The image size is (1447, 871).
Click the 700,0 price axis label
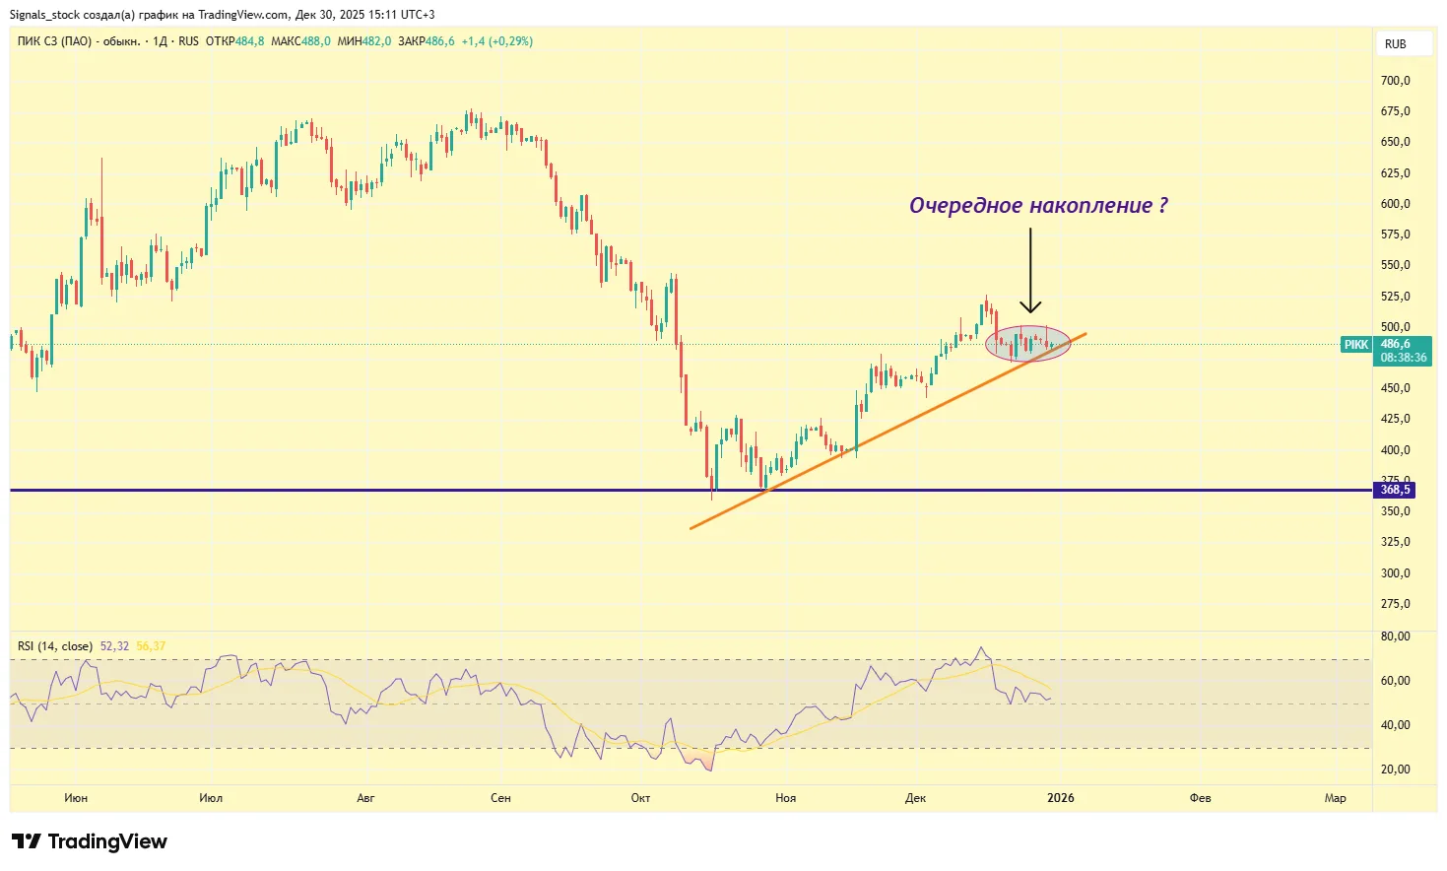[1395, 81]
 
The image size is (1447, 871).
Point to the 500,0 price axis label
[1395, 327]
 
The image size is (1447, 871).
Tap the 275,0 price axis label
[1395, 604]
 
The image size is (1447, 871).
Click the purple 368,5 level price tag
[1394, 490]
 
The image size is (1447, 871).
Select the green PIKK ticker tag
[1356, 345]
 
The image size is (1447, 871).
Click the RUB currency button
[1395, 44]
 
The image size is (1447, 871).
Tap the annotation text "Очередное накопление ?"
[1038, 206]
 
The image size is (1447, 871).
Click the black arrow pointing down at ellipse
[1030, 271]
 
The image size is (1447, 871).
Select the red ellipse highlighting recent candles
[1027, 343]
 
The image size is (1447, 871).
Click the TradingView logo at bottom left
[90, 841]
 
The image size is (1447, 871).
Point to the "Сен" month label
[500, 798]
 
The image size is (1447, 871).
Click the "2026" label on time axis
[1060, 798]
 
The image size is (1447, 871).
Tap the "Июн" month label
[76, 798]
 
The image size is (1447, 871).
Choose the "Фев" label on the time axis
[1200, 798]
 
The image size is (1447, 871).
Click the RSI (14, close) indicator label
[55, 646]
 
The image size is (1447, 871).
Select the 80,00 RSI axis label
[1395, 636]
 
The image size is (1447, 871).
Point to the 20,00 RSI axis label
[1395, 770]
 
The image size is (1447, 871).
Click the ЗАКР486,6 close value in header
[427, 41]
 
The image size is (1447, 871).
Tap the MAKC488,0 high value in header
[300, 41]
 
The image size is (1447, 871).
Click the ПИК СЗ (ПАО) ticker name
[54, 41]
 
